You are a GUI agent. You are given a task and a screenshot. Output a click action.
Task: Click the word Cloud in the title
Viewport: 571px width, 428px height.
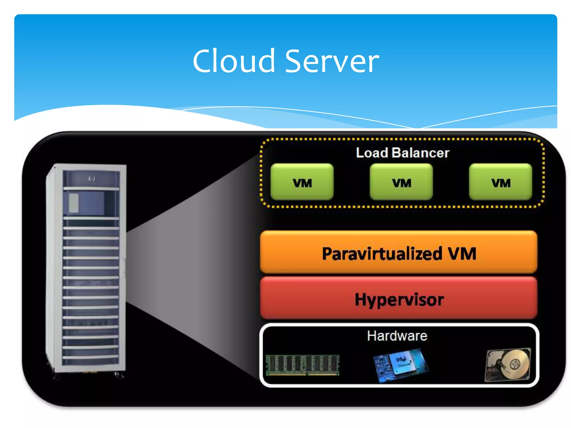(234, 61)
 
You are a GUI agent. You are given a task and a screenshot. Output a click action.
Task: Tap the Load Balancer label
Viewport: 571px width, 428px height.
(402, 153)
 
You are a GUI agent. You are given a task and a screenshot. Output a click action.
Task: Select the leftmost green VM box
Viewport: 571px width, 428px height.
(302, 182)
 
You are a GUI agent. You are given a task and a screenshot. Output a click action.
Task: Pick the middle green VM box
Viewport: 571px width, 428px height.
(401, 182)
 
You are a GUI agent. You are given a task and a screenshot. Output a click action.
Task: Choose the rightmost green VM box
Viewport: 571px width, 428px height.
(500, 182)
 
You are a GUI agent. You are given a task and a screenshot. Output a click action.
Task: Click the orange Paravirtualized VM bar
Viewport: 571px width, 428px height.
(399, 252)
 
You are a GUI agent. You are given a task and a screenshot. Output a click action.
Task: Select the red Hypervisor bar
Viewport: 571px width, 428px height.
(399, 298)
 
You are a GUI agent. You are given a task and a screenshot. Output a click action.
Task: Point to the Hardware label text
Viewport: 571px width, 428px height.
(397, 336)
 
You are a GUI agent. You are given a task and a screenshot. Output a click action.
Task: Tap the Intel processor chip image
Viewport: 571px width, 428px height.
(401, 364)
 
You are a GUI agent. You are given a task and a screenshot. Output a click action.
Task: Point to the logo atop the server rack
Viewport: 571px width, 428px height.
(92, 178)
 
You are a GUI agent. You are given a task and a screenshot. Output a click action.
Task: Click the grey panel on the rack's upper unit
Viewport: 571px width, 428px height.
(74, 203)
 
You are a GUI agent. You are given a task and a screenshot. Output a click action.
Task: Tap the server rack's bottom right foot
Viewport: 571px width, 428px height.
(119, 375)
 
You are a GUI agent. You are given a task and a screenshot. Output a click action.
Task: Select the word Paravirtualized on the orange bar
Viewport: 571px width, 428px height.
(382, 254)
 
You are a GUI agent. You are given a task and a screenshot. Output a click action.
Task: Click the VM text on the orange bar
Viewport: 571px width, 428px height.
(462, 254)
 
